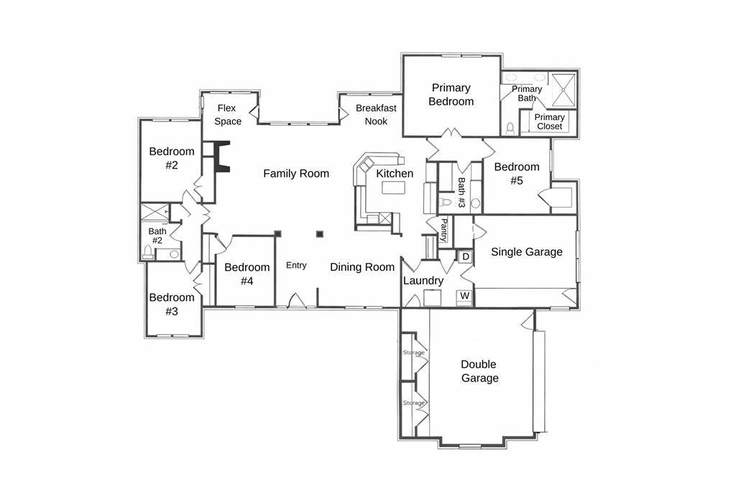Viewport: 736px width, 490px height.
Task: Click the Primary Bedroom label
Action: point(451,94)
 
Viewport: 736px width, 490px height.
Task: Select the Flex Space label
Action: point(228,114)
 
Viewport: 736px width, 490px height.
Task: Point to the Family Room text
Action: point(296,173)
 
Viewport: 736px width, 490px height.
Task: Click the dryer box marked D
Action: point(465,256)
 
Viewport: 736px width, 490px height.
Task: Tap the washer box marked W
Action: point(464,295)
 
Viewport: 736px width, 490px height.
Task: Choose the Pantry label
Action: point(444,230)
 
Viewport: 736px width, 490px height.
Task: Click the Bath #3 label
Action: point(461,193)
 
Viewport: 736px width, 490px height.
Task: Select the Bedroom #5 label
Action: point(516,174)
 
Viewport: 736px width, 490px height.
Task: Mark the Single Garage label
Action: point(526,251)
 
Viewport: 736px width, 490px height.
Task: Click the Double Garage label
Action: point(479,371)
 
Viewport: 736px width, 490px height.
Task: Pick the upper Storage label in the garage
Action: point(414,353)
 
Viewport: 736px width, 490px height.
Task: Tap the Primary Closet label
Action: point(550,121)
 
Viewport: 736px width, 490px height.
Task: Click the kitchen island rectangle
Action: point(393,188)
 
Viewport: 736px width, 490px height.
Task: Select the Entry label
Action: point(296,265)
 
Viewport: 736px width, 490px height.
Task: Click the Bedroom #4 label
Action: point(247,274)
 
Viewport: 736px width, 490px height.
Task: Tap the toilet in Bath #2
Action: point(149,251)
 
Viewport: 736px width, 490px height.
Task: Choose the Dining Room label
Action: point(362,267)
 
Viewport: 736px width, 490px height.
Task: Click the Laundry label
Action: point(423,280)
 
